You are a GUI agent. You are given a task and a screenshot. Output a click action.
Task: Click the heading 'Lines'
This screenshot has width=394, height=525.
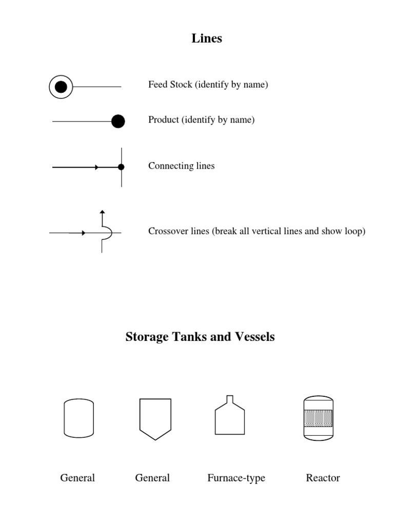pyautogui.click(x=207, y=38)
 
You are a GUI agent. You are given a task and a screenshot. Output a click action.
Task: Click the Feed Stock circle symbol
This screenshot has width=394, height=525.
pyautogui.click(x=61, y=87)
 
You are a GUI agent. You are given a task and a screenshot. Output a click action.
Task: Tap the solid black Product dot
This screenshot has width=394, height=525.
pyautogui.click(x=118, y=121)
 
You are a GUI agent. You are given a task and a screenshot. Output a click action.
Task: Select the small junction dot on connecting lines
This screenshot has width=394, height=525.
pyautogui.click(x=121, y=167)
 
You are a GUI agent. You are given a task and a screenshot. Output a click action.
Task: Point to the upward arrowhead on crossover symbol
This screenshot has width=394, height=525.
pyautogui.click(x=102, y=211)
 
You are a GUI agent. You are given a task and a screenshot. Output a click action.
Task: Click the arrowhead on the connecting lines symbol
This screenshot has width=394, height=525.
pyautogui.click(x=96, y=167)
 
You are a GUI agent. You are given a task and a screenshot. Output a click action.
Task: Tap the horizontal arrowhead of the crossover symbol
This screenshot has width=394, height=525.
pyautogui.click(x=83, y=233)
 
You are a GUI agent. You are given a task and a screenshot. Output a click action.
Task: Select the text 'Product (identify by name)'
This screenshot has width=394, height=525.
pyautogui.click(x=201, y=120)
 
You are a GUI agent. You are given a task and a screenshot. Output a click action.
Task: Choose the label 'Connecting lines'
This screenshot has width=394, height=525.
pyautogui.click(x=181, y=166)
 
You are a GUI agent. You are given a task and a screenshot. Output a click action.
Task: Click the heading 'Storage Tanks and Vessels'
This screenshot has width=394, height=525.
pyautogui.click(x=200, y=337)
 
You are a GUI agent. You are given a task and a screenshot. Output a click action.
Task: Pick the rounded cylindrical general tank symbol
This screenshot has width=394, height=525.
pyautogui.click(x=78, y=418)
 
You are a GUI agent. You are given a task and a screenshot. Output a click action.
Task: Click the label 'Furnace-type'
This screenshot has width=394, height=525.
pyautogui.click(x=236, y=478)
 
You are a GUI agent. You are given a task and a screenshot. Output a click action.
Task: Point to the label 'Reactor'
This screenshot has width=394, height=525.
pyautogui.click(x=323, y=478)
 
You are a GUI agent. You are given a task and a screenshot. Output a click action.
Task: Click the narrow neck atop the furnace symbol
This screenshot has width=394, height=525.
pyautogui.click(x=230, y=399)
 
